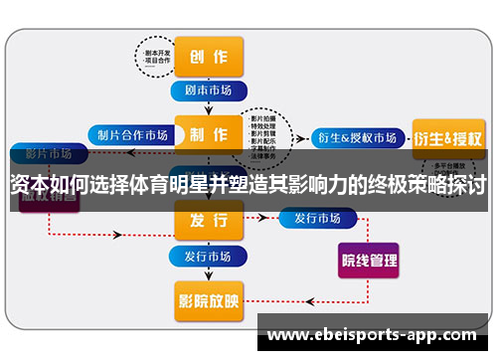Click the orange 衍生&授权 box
click(x=447, y=136)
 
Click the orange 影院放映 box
click(x=208, y=297)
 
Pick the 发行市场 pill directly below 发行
click(x=208, y=256)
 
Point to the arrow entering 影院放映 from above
click(x=208, y=275)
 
